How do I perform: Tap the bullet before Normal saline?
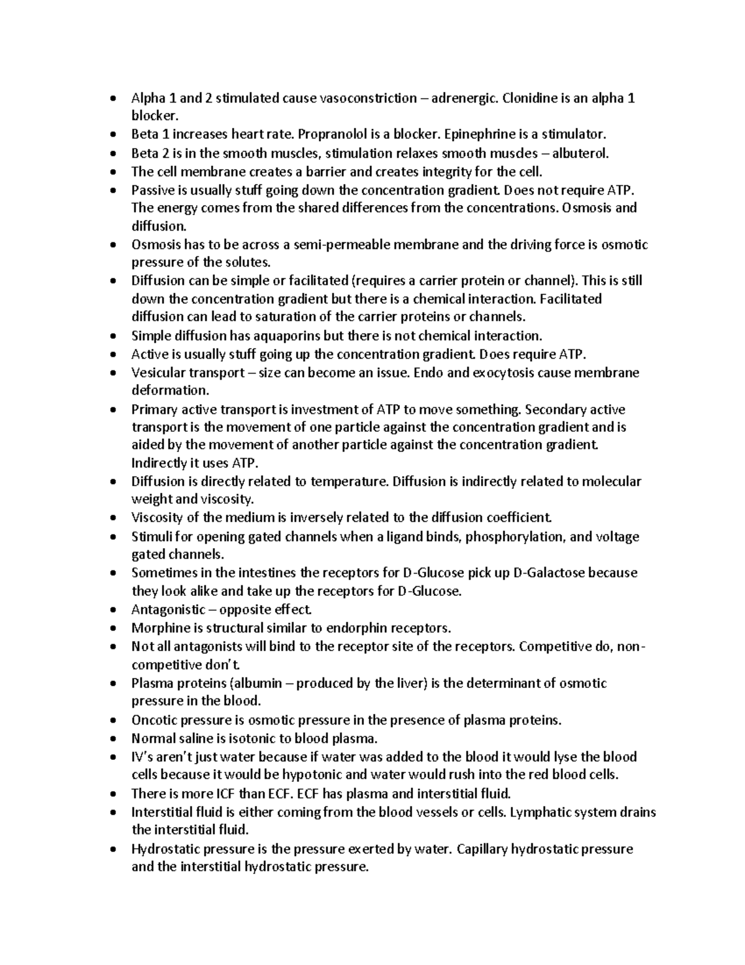[x=112, y=739]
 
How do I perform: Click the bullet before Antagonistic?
[x=112, y=610]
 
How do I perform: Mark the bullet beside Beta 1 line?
[x=112, y=135]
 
